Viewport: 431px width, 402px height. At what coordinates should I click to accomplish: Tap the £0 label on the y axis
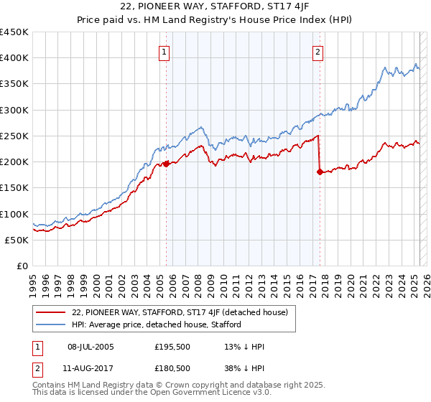[22, 266]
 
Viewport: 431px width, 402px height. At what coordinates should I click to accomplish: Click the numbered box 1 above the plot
[164, 52]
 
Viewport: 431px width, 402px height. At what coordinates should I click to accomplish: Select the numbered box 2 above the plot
[318, 52]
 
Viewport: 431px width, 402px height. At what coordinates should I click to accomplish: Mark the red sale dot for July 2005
[166, 164]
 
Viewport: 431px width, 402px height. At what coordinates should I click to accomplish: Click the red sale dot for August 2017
[320, 172]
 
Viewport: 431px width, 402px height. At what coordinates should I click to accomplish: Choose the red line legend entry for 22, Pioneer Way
[180, 312]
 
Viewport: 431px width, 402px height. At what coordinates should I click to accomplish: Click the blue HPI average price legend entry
[157, 324]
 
